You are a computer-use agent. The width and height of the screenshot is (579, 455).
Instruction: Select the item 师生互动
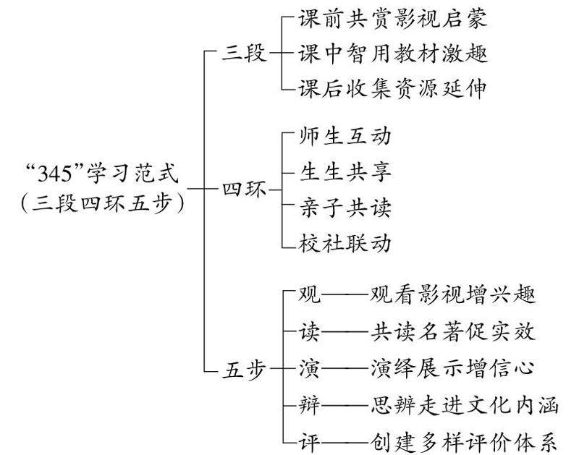[345, 137]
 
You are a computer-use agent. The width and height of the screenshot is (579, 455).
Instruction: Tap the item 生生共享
[345, 172]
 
